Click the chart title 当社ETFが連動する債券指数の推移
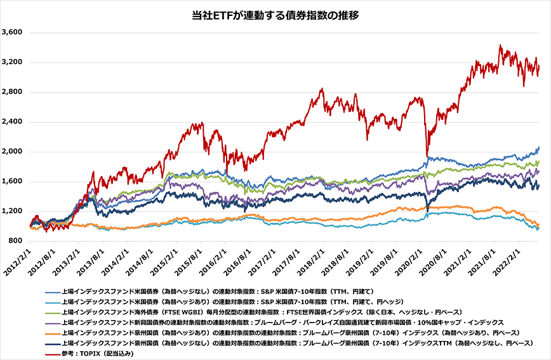pyautogui.click(x=275, y=15)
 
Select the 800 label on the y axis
pyautogui.click(x=17, y=241)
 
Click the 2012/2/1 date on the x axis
pyautogui.click(x=19, y=262)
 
